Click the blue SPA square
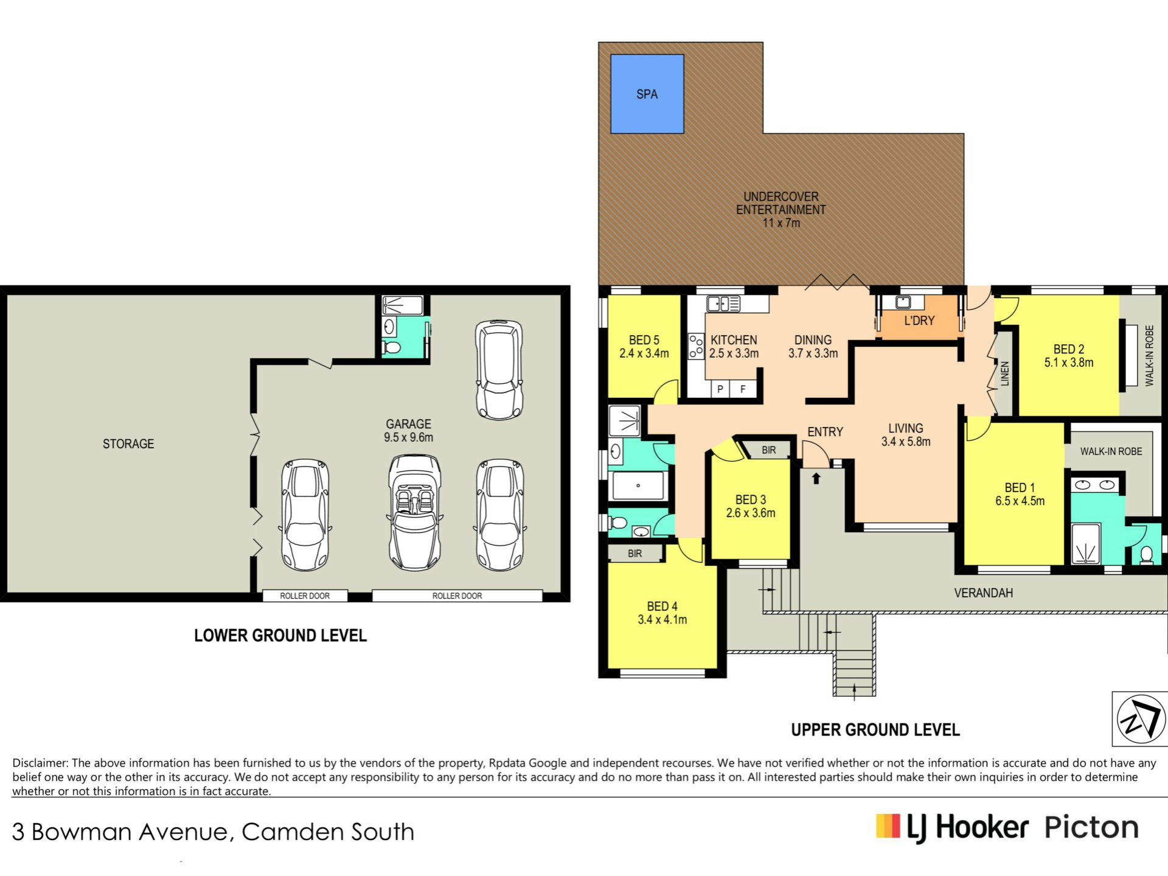[647, 94]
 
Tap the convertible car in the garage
[415, 512]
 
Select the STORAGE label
[128, 444]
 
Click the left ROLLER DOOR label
[305, 596]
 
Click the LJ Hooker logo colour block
[888, 826]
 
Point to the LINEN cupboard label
[1005, 374]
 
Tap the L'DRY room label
[919, 321]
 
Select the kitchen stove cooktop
[696, 346]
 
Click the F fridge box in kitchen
[743, 389]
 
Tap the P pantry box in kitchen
[720, 389]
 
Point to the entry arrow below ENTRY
[816, 479]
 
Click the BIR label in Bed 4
[634, 554]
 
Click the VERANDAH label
[983, 593]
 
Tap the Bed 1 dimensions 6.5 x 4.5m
[1020, 501]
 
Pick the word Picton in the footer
[1091, 827]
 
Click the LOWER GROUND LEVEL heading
[280, 636]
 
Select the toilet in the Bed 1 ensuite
[1147, 555]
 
